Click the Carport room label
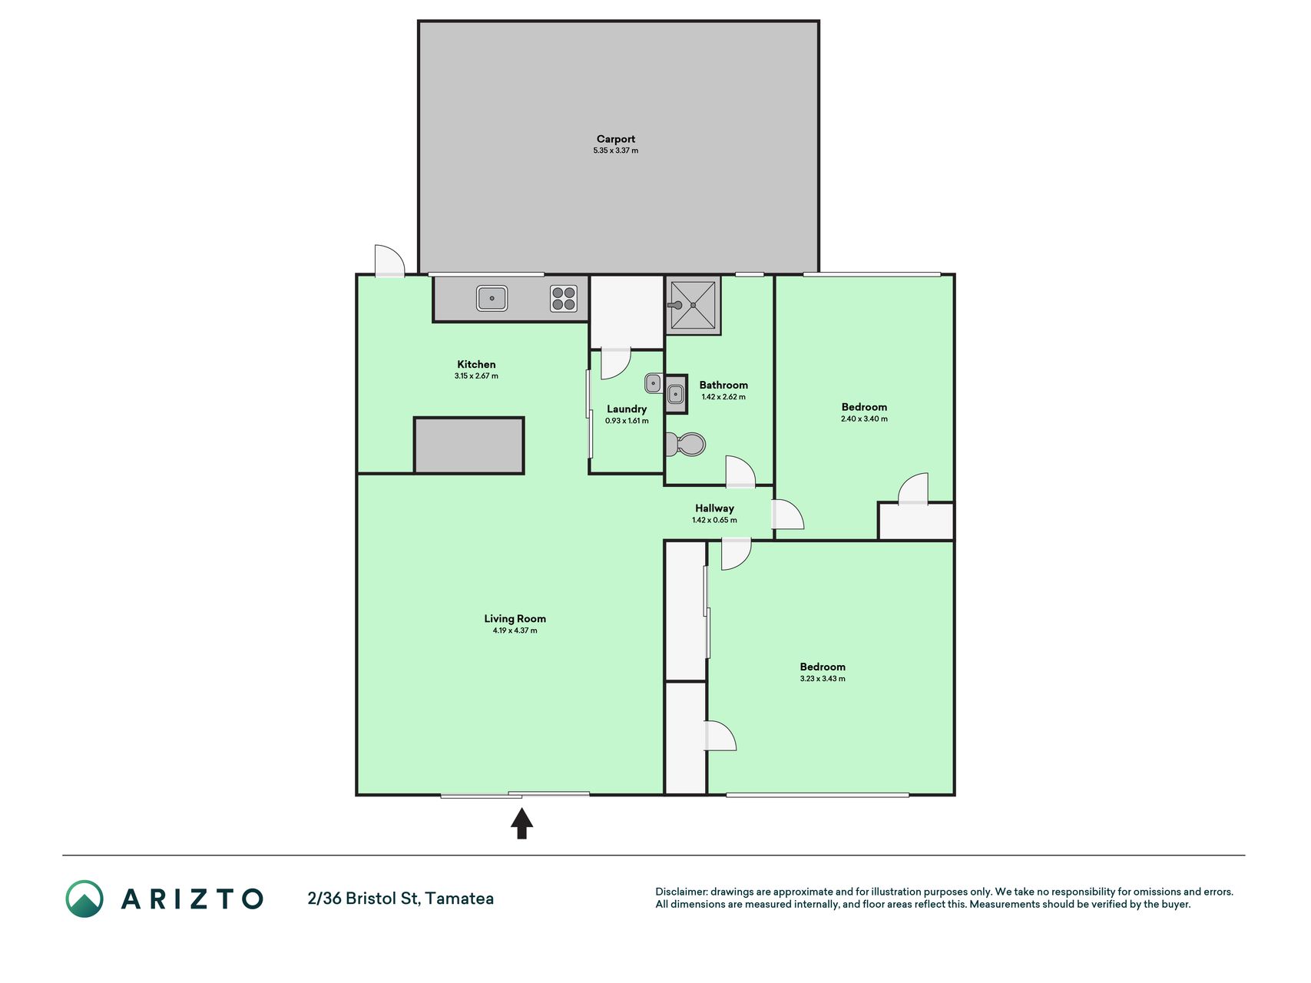pos(616,139)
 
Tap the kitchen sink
pos(492,298)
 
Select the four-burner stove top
pos(564,298)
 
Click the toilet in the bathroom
pos(685,444)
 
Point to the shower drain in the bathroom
pos(694,305)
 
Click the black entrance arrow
pos(521,823)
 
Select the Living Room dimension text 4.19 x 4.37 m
pos(515,631)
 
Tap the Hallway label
pos(714,508)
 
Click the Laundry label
pos(627,409)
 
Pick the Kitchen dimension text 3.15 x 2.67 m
pos(476,376)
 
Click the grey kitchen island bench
pos(469,445)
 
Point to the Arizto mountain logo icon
pos(84,899)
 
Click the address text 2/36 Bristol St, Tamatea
pos(400,899)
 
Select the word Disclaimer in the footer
pos(680,892)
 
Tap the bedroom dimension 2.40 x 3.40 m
pos(864,419)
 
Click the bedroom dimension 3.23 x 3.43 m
pos(823,679)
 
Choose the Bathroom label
pos(723,386)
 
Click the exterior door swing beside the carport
pos(389,260)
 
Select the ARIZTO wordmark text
pos(192,899)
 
